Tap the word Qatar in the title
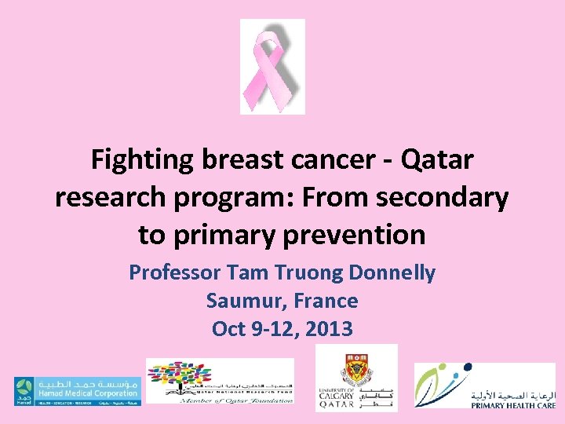point(437,160)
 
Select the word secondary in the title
point(443,197)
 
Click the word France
point(328,301)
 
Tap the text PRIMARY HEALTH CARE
point(513,407)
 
